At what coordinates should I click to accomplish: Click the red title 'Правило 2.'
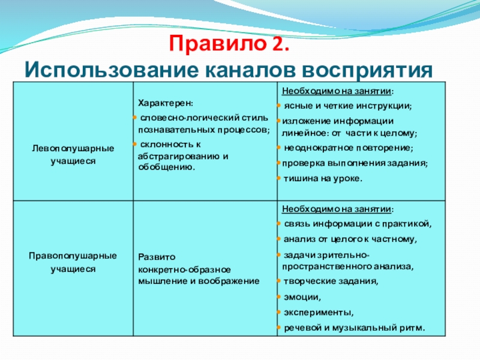coord(229,44)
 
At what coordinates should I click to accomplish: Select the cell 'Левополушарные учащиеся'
coord(73,155)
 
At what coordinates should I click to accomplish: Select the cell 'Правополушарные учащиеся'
coord(73,262)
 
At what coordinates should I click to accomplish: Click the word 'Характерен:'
coord(166,103)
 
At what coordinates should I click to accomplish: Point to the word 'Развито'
coord(157,257)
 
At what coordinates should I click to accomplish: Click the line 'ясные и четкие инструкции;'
coord(348,106)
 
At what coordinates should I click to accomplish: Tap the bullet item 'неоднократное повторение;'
coord(349,148)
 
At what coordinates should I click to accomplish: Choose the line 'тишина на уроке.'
coord(323,178)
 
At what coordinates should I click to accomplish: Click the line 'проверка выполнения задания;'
coord(355,163)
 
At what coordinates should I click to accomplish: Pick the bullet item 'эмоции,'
coord(302,297)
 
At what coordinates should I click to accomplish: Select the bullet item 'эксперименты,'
coord(319,313)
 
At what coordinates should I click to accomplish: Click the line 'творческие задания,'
coord(331,281)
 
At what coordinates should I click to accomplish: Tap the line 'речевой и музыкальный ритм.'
coord(355,328)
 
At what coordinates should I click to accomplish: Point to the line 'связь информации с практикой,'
coord(358,224)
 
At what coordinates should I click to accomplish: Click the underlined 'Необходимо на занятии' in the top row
coord(337,91)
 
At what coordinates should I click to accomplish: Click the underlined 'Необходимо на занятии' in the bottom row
coord(337,209)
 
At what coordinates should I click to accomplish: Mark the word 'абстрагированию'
coord(179,157)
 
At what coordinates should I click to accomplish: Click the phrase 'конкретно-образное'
coord(184,269)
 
